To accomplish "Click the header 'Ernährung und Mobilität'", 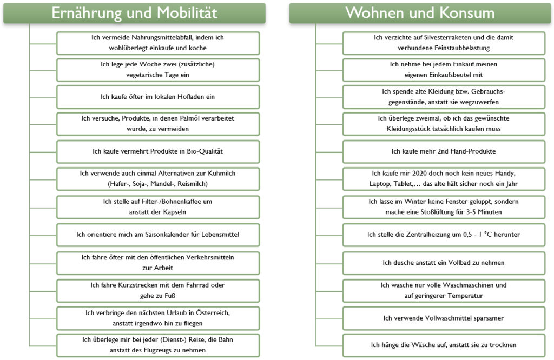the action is (x=134, y=13).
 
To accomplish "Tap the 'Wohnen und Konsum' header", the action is (x=420, y=13).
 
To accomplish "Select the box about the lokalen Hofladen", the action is (x=158, y=97).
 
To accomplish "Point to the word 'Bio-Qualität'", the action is (x=205, y=151).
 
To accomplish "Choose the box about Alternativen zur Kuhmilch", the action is (x=158, y=179).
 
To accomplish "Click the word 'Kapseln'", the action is (x=175, y=212).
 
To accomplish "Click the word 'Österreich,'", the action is (x=213, y=313).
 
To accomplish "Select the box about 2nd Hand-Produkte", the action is (x=444, y=151).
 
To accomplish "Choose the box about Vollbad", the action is (x=444, y=263).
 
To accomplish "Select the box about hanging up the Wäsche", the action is (x=444, y=345).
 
